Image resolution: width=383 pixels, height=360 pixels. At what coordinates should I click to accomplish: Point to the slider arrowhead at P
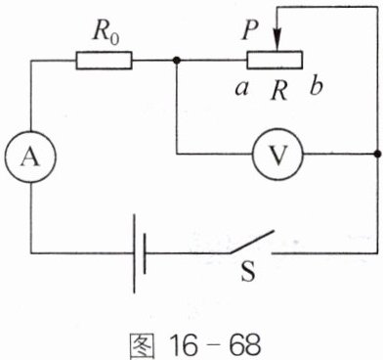[277, 42]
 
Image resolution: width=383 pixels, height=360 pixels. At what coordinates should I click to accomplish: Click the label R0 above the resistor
[106, 32]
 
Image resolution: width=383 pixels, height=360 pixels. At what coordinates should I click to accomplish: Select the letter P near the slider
[250, 31]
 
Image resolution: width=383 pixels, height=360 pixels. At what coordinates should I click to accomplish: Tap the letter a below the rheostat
[241, 89]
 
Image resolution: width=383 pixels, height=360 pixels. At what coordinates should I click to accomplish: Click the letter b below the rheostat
[317, 86]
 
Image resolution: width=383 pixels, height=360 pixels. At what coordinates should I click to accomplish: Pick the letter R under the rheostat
[279, 91]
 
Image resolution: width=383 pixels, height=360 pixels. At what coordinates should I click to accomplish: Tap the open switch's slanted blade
[252, 242]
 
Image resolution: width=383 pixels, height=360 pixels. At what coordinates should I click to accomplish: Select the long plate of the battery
[134, 253]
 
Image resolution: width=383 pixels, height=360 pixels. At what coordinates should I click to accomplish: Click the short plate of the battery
[145, 253]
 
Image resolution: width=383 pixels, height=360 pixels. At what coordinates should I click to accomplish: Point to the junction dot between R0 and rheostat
[177, 61]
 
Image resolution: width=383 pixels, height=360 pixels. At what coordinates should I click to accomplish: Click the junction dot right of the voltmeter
[378, 154]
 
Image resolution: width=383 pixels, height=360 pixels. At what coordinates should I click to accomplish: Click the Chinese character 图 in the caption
[141, 346]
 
